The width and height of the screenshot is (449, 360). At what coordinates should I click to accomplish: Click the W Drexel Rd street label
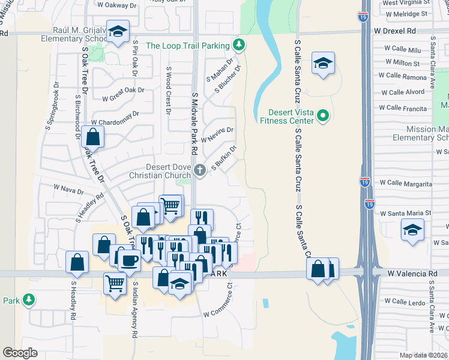point(394,30)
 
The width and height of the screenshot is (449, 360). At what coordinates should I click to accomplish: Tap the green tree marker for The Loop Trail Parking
point(239,45)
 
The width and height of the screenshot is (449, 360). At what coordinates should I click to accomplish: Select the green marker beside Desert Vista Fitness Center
point(323,115)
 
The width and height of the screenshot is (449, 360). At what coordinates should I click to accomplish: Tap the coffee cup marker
point(130,260)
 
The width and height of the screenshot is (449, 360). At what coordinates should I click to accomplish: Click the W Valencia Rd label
point(412,274)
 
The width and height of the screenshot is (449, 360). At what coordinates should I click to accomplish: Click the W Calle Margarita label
point(405,183)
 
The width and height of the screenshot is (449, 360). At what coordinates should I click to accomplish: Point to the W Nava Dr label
point(68,191)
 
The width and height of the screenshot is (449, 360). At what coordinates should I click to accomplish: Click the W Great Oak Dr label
point(123,94)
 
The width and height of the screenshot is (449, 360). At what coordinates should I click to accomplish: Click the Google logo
point(20,353)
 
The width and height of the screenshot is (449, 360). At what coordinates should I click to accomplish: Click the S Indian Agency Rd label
point(135,309)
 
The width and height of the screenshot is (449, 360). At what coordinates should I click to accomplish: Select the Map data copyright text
point(424,355)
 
